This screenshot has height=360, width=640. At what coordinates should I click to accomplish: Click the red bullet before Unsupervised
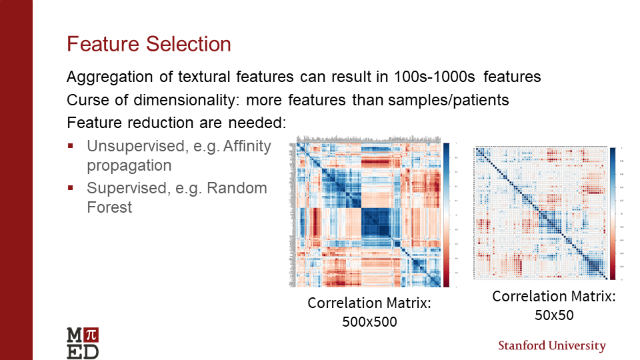tap(70, 145)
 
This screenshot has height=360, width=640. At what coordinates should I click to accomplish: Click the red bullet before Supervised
tap(70, 189)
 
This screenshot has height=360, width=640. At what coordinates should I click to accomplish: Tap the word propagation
tap(129, 165)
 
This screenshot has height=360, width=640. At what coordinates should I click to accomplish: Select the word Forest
tap(109, 207)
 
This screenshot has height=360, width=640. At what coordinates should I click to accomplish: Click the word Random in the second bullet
tap(237, 189)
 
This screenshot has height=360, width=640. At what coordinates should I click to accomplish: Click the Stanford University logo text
tap(552, 346)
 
